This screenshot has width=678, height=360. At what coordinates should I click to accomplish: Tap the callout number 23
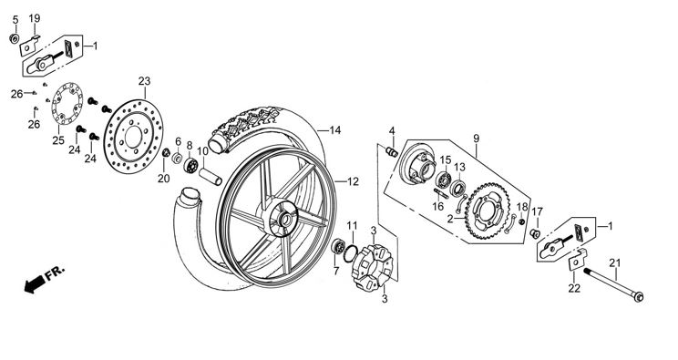tap(144, 81)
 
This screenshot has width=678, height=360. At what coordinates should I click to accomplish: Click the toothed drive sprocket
tap(488, 211)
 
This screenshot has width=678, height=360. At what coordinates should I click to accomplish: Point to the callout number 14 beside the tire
tap(335, 129)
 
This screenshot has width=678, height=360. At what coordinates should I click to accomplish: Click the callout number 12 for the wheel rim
tap(353, 181)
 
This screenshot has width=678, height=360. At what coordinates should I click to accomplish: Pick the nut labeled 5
tap(15, 39)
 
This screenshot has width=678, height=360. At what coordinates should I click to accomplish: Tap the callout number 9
tap(476, 139)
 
